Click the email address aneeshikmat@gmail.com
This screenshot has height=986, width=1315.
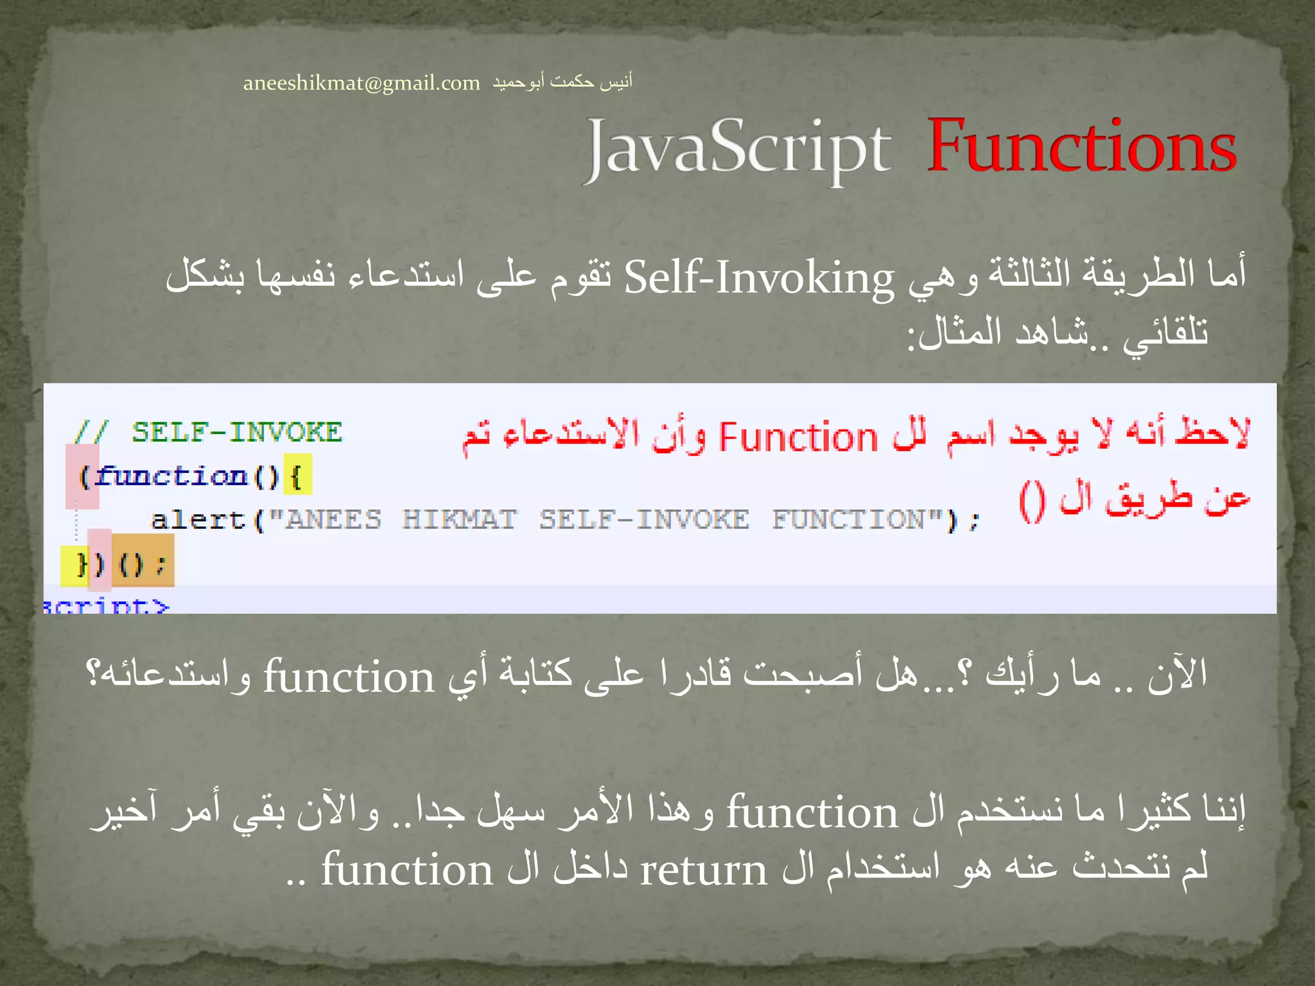pos(361,83)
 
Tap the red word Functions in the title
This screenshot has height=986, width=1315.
pos(1081,147)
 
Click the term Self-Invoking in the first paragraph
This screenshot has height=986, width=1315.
pos(759,278)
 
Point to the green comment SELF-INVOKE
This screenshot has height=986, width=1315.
pos(237,432)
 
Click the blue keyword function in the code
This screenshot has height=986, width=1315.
pos(173,476)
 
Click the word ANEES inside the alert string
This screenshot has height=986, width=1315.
pos(333,519)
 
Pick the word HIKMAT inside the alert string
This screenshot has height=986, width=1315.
pos(459,519)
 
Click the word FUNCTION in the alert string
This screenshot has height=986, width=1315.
pos(848,519)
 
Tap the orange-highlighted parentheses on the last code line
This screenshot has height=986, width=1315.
pos(143,564)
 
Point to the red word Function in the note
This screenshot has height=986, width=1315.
pos(797,438)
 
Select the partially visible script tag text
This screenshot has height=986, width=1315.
pos(107,605)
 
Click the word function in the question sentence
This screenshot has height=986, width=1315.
pos(349,677)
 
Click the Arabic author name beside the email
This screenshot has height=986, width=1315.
pos(562,82)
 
